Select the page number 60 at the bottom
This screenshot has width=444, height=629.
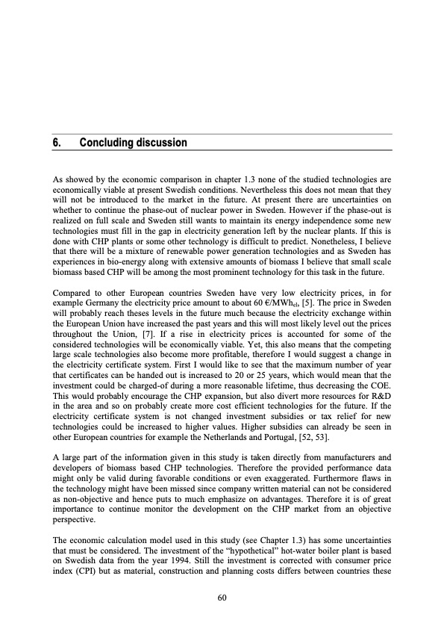click(222, 598)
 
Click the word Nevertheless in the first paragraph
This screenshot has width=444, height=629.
click(252, 190)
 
